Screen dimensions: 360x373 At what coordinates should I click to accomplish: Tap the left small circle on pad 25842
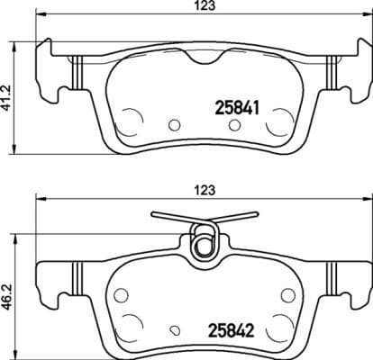[x=121, y=293]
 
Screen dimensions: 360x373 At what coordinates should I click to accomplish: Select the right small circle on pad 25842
[x=287, y=293]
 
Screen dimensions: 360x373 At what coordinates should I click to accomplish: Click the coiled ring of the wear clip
[x=205, y=242]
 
